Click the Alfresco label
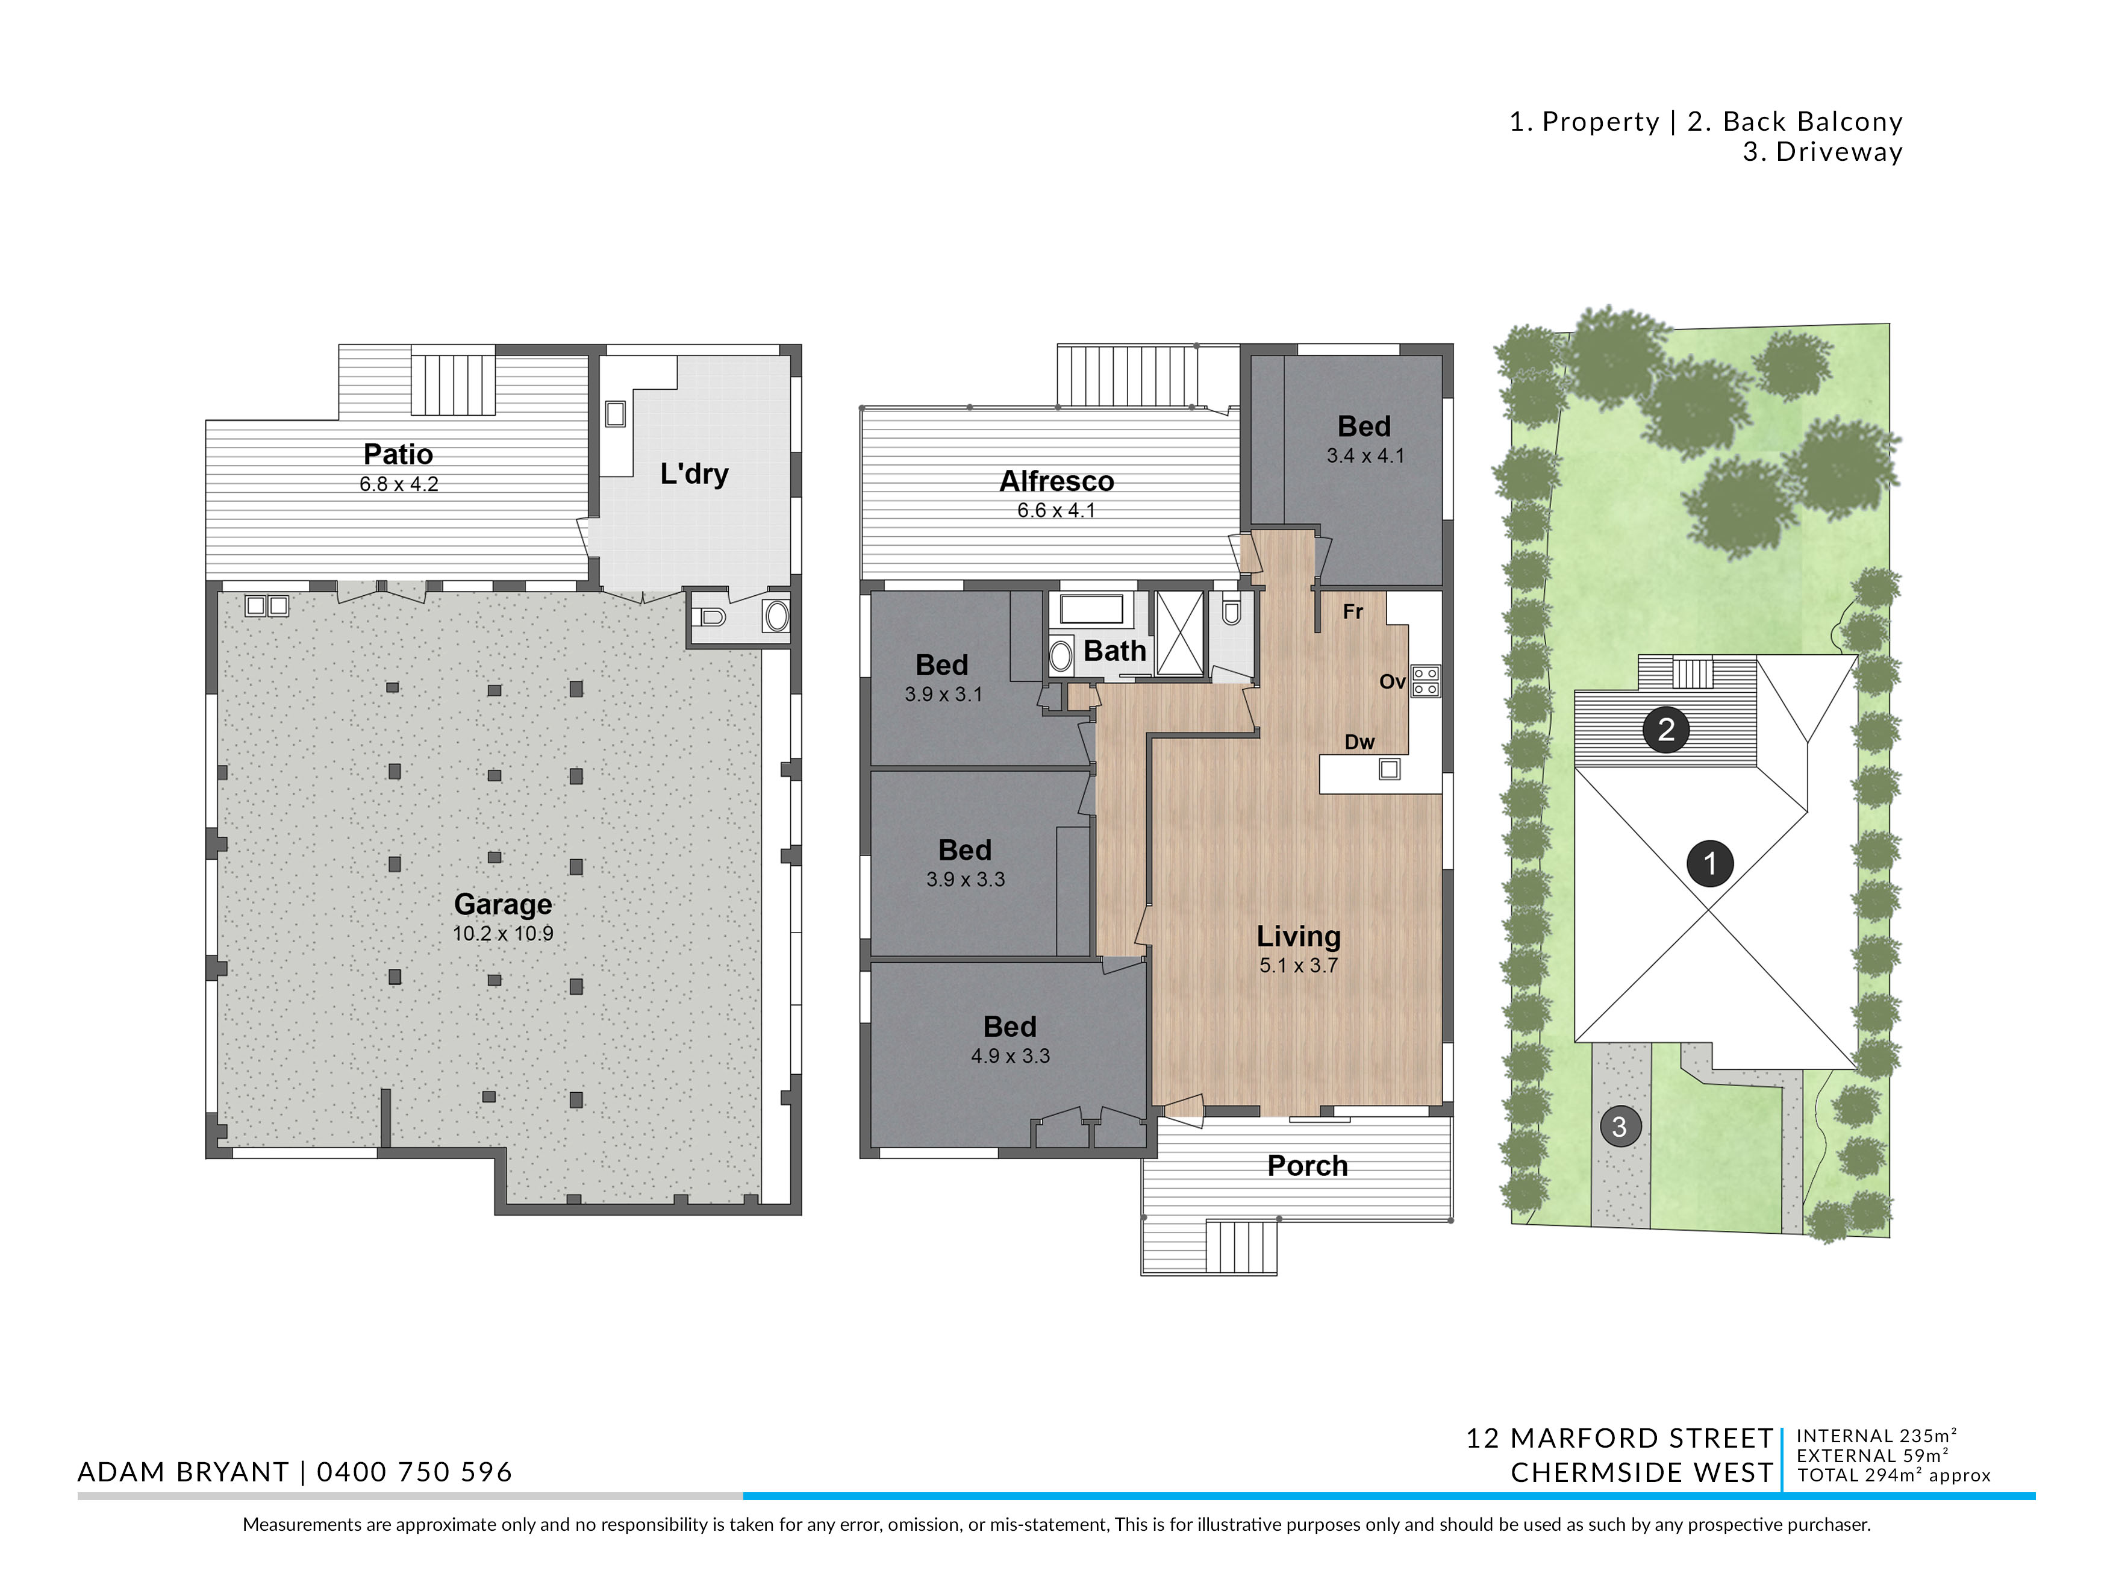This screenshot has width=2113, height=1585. tap(1056, 481)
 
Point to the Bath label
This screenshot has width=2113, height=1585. tap(1115, 651)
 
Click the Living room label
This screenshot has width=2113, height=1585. tap(1298, 936)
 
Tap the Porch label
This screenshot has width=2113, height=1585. tap(1308, 1166)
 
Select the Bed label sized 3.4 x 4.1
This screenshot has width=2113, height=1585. tap(1364, 426)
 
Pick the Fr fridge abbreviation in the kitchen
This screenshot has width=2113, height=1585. tap(1353, 611)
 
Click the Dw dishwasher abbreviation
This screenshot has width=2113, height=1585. tap(1360, 742)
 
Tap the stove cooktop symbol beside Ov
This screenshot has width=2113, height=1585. tap(1425, 680)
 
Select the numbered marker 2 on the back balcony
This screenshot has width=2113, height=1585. tap(1666, 730)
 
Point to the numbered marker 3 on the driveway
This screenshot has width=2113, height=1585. tap(1619, 1127)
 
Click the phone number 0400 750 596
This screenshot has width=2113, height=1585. tap(414, 1472)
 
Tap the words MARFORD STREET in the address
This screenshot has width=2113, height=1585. tap(1641, 1439)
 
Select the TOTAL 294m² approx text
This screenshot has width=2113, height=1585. tap(1894, 1475)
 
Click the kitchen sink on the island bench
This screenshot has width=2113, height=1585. tap(1390, 768)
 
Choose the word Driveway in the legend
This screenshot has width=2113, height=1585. tap(1839, 152)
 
